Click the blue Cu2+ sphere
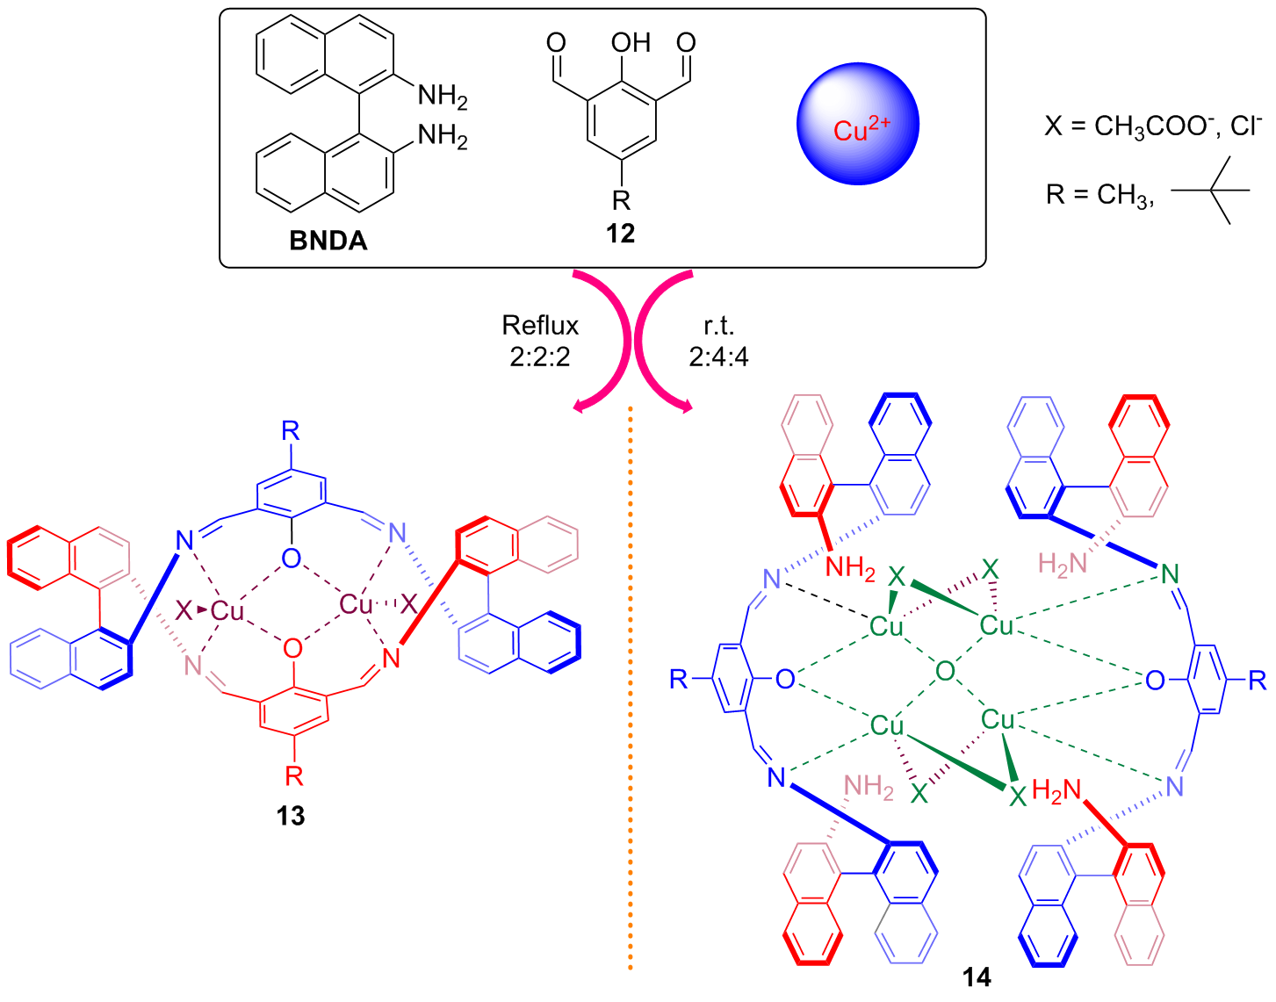tap(857, 124)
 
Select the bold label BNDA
tap(328, 241)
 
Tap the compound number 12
tap(620, 234)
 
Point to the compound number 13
tap(291, 816)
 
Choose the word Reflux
tap(540, 326)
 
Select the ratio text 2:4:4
tap(718, 357)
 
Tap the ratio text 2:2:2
tap(540, 357)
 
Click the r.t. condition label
tap(718, 326)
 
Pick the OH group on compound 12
tap(630, 43)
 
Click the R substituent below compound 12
tap(621, 200)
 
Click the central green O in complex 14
tap(945, 672)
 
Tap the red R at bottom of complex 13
tap(293, 776)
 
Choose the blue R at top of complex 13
tap(291, 431)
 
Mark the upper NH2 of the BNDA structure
tap(442, 96)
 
